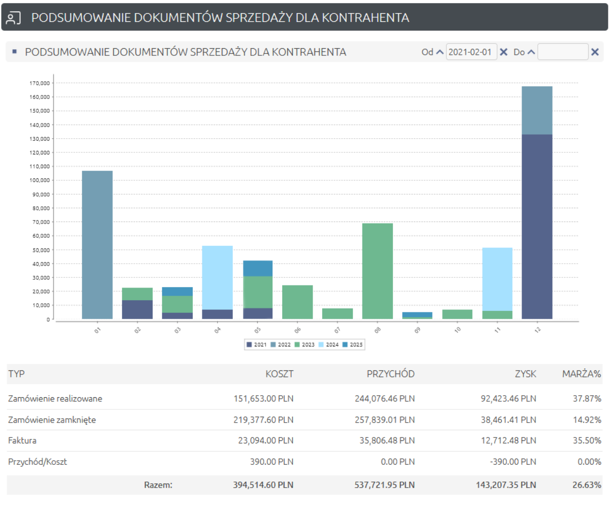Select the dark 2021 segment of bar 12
click(537, 227)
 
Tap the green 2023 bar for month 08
click(377, 271)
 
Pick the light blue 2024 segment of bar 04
click(217, 277)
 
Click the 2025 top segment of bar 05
click(257, 268)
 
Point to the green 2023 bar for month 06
click(297, 302)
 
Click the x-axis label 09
click(417, 330)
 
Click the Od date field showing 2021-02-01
click(471, 52)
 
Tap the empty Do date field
click(563, 52)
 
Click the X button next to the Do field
click(595, 52)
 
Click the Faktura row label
click(22, 441)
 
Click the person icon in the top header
click(13, 18)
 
